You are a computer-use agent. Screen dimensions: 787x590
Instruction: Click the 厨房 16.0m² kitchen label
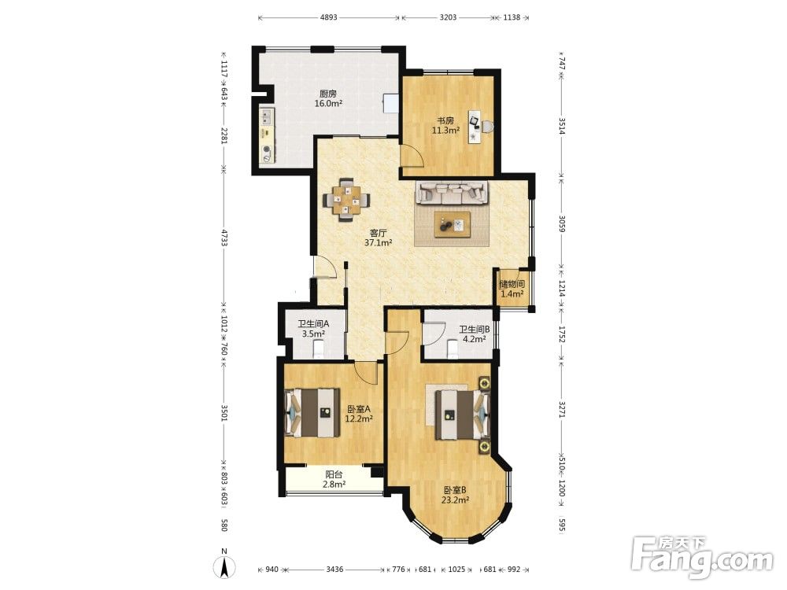[328, 99]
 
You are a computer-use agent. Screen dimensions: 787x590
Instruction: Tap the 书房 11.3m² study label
[446, 125]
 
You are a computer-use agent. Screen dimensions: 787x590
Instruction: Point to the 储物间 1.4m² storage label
[512, 289]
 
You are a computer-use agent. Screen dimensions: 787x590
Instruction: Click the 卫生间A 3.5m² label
[314, 329]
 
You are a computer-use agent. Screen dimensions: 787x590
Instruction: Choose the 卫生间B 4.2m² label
[475, 334]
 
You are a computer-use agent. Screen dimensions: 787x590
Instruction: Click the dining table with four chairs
[346, 200]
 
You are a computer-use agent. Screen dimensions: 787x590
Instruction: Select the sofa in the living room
[453, 193]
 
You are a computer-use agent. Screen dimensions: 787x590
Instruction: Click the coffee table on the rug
[453, 223]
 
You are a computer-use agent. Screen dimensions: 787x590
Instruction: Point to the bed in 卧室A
[311, 412]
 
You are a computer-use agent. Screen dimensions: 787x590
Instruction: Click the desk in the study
[475, 126]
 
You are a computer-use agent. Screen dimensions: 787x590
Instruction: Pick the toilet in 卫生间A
[319, 348]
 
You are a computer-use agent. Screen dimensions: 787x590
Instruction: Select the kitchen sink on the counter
[266, 117]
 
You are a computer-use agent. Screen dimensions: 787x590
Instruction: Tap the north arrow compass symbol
[225, 565]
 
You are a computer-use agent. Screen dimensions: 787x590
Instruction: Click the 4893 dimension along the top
[329, 17]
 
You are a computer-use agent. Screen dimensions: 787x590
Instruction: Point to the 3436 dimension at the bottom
[334, 570]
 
